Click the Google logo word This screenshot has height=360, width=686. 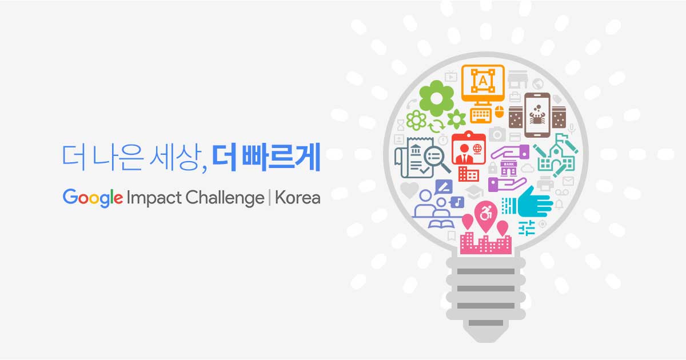pos(93,198)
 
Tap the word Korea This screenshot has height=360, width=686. pos(298,198)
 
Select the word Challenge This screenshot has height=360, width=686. pos(225,198)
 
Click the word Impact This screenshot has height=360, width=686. pos(154,198)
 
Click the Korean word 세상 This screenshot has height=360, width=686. pos(174,157)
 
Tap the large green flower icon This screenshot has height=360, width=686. pos(436,98)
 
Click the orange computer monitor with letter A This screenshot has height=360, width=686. pos(483,83)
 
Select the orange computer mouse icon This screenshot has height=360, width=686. pos(500,111)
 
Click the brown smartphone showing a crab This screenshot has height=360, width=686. pos(537,115)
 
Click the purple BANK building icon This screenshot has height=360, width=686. pos(509,169)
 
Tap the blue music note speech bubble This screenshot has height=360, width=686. pos(457,202)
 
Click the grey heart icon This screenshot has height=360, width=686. pos(409,190)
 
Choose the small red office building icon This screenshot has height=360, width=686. pos(469,174)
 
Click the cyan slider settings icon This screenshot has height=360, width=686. pos(527,228)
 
